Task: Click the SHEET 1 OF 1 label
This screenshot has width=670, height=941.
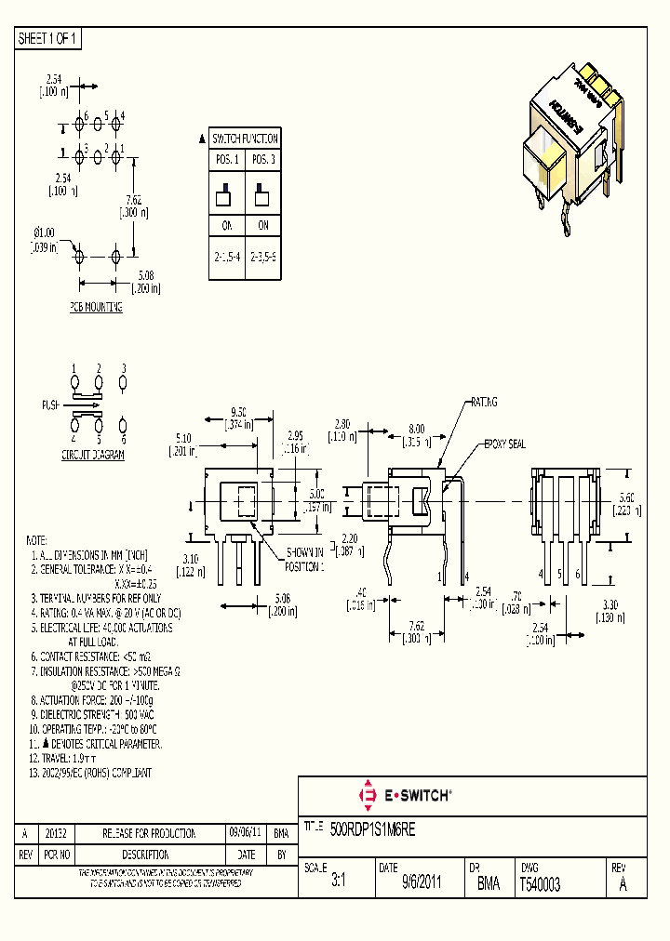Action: tap(48, 39)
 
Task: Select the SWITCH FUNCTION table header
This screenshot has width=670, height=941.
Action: tap(244, 139)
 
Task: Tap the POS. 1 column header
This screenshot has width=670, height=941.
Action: tap(226, 160)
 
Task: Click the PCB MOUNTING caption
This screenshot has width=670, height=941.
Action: tap(96, 306)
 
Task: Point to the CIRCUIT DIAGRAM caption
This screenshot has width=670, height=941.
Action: tap(93, 456)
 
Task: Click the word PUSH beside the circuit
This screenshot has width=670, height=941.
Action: tap(51, 405)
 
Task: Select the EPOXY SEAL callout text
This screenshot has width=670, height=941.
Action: tap(504, 444)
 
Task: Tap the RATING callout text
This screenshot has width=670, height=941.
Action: tap(483, 402)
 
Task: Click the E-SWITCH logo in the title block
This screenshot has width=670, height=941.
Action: tap(406, 796)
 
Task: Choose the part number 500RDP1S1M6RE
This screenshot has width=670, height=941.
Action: tap(379, 826)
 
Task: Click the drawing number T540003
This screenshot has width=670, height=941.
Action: tap(541, 885)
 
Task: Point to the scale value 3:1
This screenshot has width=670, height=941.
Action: tap(339, 885)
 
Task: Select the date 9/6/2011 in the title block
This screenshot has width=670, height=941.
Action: tap(422, 885)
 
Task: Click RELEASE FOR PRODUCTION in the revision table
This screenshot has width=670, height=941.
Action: tap(149, 833)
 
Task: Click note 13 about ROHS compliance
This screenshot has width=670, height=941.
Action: tap(89, 773)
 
